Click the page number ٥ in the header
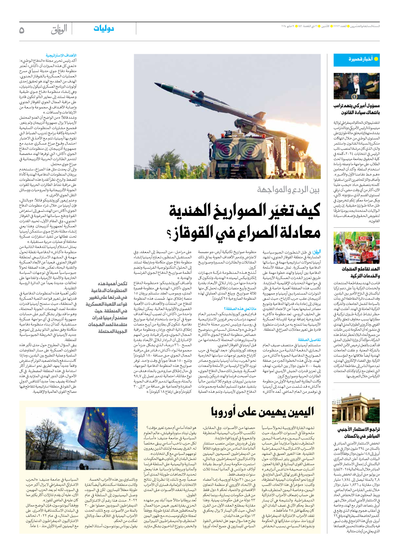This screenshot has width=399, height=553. click(x=22, y=30)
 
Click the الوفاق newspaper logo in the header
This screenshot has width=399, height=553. click(x=59, y=29)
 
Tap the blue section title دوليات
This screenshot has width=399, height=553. click(x=104, y=29)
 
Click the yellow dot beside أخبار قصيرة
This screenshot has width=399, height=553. click(x=376, y=59)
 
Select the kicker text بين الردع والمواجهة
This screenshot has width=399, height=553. click(x=288, y=190)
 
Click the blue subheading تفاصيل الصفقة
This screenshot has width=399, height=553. click(x=309, y=340)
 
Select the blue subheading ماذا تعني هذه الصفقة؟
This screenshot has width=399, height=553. click(x=240, y=309)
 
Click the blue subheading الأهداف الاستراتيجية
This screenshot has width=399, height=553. click(x=61, y=55)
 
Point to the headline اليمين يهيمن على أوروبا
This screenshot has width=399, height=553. click(x=262, y=412)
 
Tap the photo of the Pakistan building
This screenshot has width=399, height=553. click(x=356, y=409)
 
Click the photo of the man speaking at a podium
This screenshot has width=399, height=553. click(x=356, y=86)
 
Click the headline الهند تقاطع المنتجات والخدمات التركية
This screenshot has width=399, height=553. click(x=360, y=272)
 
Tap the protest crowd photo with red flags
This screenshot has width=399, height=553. click(x=356, y=247)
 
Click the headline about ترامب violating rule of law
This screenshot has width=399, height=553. click(x=357, y=109)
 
